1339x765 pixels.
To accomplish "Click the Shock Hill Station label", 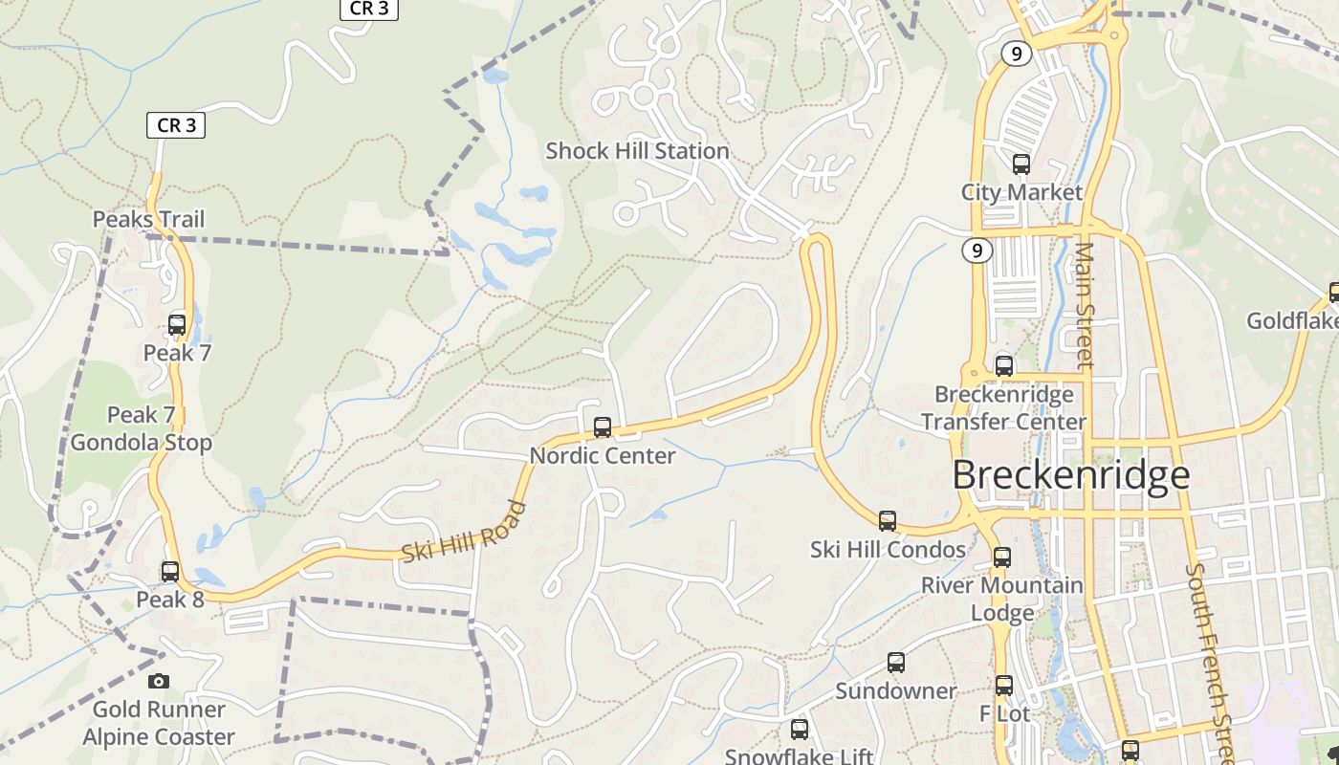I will [637, 151].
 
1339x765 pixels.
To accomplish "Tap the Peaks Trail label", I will [148, 219].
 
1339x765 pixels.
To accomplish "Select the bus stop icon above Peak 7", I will [177, 324].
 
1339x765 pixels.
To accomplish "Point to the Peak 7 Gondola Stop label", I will [141, 428].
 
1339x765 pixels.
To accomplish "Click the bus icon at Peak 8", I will [170, 572].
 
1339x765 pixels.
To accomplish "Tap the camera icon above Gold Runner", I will [159, 681].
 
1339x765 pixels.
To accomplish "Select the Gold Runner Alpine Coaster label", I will [159, 723].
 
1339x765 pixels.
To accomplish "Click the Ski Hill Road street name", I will [464, 533].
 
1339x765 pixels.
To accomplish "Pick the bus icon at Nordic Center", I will [603, 427].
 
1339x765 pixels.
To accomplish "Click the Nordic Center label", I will [603, 455].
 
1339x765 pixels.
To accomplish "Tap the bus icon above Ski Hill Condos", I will [888, 521].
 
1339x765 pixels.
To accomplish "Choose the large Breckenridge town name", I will [1071, 475].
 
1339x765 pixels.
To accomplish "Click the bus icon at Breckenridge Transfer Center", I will [1004, 365].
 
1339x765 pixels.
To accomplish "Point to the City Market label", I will [1021, 192].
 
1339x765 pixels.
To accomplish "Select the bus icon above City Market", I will [1021, 164].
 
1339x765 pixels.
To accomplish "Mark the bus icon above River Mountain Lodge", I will [1002, 557].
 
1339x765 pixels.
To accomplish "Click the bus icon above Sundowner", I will [896, 662].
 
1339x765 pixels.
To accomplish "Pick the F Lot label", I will [1004, 713].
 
